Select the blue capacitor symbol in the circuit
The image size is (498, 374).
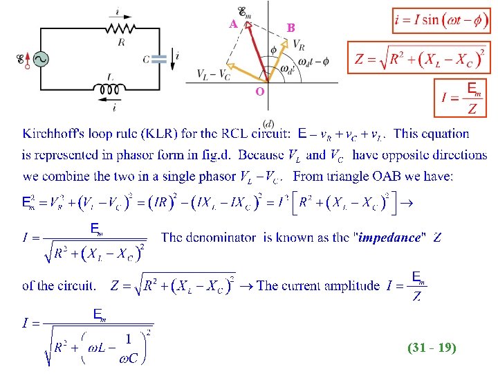pos(160,60)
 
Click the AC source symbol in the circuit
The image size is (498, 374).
pos(33,60)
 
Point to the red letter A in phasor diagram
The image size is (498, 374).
pos(234,24)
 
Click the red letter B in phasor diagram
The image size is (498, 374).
pos(291,28)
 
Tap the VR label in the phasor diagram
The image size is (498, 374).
pos(299,44)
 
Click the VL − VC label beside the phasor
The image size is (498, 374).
pos(213,74)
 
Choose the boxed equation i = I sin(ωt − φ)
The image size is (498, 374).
pos(441,20)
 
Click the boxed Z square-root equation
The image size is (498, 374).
pos(419,58)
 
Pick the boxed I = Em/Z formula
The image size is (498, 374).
pos(463,98)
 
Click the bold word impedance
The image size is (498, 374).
pos(389,238)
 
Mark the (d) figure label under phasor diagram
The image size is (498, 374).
pos(267,123)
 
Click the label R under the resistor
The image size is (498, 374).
pos(121,42)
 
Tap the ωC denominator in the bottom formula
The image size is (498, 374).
pos(127,359)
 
